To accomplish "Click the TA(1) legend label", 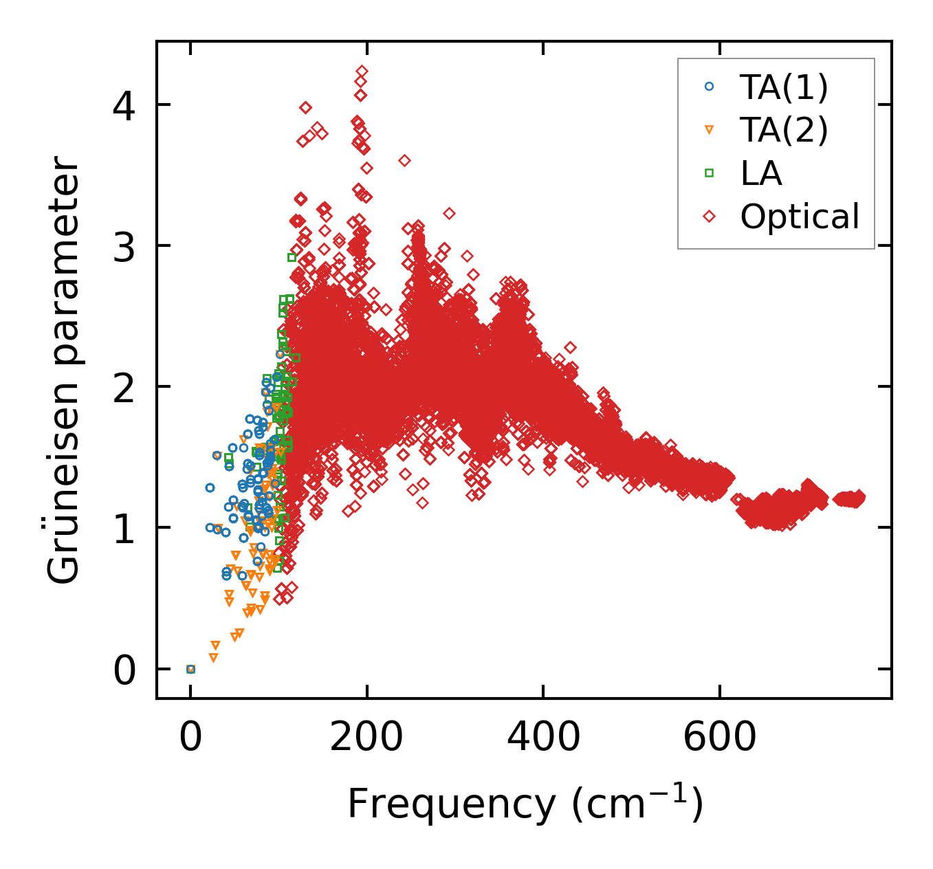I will pyautogui.click(x=784, y=87).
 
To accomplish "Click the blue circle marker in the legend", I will pyautogui.click(x=710, y=87).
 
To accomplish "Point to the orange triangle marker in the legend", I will pyautogui.click(x=710, y=130).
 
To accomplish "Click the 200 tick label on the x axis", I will pyautogui.click(x=366, y=738).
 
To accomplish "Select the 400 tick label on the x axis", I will pyautogui.click(x=543, y=738).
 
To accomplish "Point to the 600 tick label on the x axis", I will pyautogui.click(x=719, y=738).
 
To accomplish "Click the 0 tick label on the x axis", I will pyautogui.click(x=190, y=738).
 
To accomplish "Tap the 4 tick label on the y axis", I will pyautogui.click(x=125, y=104).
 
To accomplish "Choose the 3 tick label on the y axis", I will pyautogui.click(x=125, y=245).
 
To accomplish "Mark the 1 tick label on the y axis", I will pyautogui.click(x=125, y=528).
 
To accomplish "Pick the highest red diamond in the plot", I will pyautogui.click(x=362, y=71).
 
